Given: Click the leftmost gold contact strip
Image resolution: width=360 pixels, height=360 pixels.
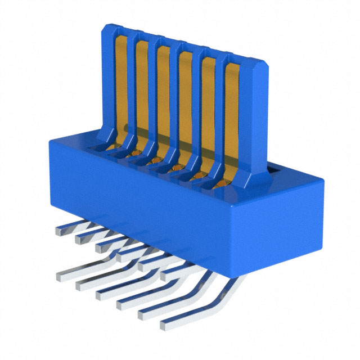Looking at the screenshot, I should (120, 84).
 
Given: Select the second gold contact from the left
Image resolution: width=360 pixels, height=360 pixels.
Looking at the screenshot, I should (142, 90).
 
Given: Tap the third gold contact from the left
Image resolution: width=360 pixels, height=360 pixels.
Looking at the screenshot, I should (163, 96).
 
